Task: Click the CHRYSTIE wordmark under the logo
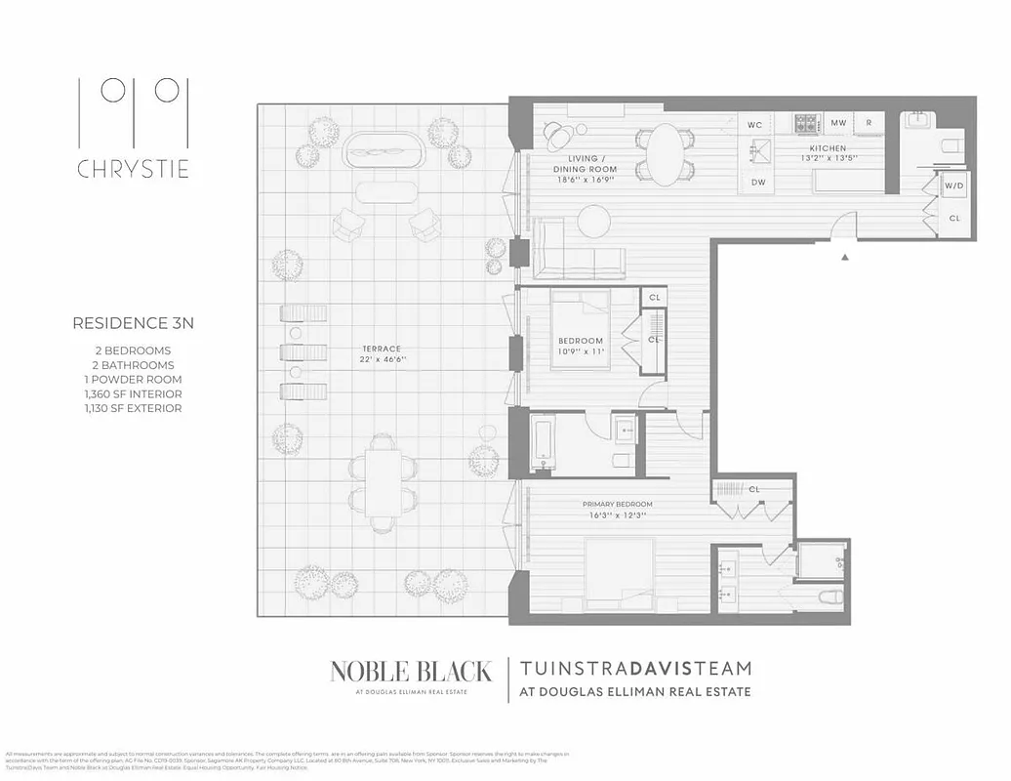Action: coord(133,169)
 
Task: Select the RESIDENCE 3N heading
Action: coord(133,323)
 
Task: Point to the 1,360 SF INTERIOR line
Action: coord(128,393)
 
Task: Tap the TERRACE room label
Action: coord(381,349)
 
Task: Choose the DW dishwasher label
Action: coord(758,182)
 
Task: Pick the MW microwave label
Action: coord(838,123)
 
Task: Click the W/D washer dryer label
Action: coord(953,185)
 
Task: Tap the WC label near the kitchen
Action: coord(754,125)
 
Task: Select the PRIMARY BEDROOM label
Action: coord(613,504)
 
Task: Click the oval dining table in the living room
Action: coord(667,154)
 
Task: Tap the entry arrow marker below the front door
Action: coord(846,257)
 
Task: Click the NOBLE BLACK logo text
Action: coord(410,671)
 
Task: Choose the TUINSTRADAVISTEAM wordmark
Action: coord(636,669)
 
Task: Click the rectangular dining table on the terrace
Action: coord(384,478)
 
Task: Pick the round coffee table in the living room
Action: coord(593,217)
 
